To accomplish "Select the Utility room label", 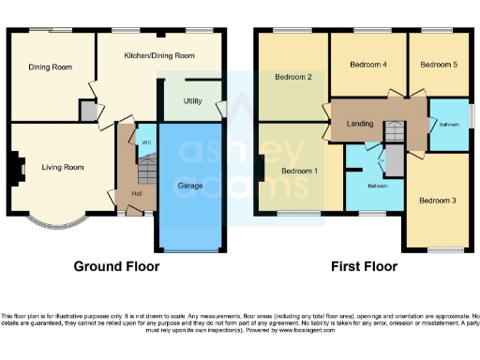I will (x=192, y=99).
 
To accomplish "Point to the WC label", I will (x=146, y=142).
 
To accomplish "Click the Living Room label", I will (x=63, y=168).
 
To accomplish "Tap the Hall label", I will (x=137, y=194).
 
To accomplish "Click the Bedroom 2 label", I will (x=292, y=77).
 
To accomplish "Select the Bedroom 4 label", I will (x=367, y=65).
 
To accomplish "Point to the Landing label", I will (x=360, y=123).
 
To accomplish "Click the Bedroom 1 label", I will (x=301, y=171).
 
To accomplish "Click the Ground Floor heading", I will (x=116, y=266).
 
